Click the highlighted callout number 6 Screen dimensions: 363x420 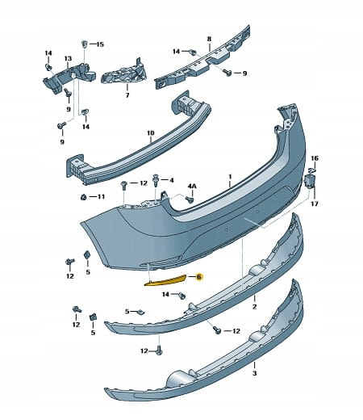point(199,277)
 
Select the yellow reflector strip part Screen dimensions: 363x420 point(165,280)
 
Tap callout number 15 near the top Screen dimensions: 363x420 point(100,44)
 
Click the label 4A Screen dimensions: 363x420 point(192,187)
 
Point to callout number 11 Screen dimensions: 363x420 point(101,197)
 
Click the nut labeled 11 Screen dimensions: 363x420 point(83,197)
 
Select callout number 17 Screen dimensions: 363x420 point(315,204)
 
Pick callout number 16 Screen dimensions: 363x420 point(315,158)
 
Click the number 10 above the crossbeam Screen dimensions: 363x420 point(151,133)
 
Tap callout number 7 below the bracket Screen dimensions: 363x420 point(127,95)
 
